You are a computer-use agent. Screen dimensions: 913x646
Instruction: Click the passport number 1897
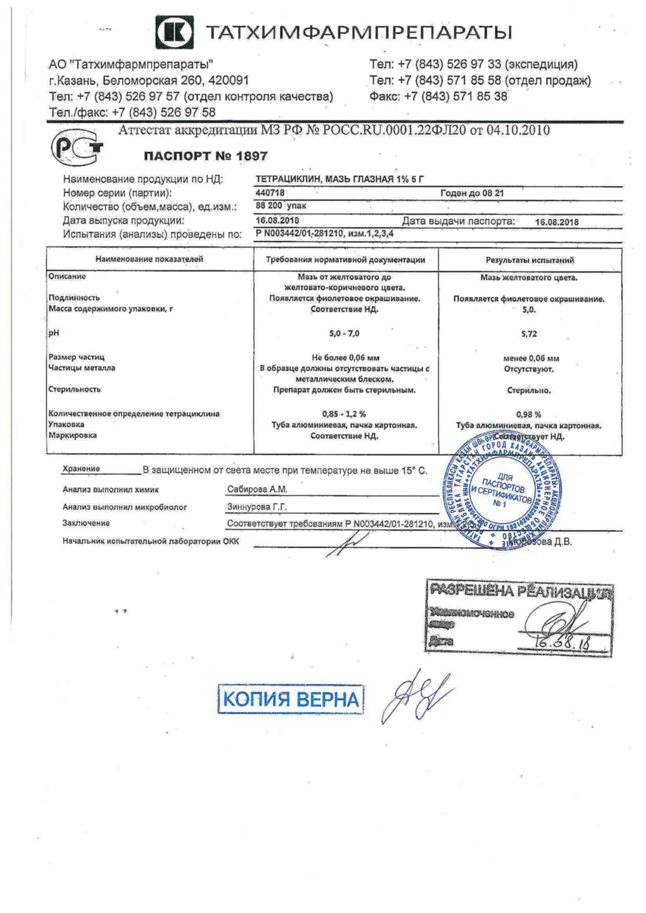click(x=252, y=156)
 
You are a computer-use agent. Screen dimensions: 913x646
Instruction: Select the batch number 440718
click(x=270, y=193)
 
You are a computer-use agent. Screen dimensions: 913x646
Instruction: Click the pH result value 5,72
click(x=529, y=334)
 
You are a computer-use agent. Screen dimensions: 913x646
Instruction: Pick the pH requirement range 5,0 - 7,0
click(x=344, y=333)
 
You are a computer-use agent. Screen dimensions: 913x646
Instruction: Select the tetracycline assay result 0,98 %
click(x=529, y=414)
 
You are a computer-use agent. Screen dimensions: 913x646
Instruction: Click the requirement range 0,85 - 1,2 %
click(x=344, y=414)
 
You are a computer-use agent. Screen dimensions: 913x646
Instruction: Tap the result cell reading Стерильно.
click(x=529, y=391)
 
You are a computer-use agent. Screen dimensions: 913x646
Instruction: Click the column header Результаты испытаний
click(x=530, y=260)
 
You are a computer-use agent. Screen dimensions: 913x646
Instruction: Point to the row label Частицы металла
click(x=82, y=368)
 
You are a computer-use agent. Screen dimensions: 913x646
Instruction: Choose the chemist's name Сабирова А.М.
click(x=257, y=489)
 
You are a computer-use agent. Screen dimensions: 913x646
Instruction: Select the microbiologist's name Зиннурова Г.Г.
click(x=257, y=507)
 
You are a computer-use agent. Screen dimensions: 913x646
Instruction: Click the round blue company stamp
click(x=502, y=492)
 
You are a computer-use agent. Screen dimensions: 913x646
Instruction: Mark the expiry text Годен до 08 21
click(x=472, y=193)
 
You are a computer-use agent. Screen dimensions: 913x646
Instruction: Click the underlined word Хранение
click(x=81, y=469)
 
